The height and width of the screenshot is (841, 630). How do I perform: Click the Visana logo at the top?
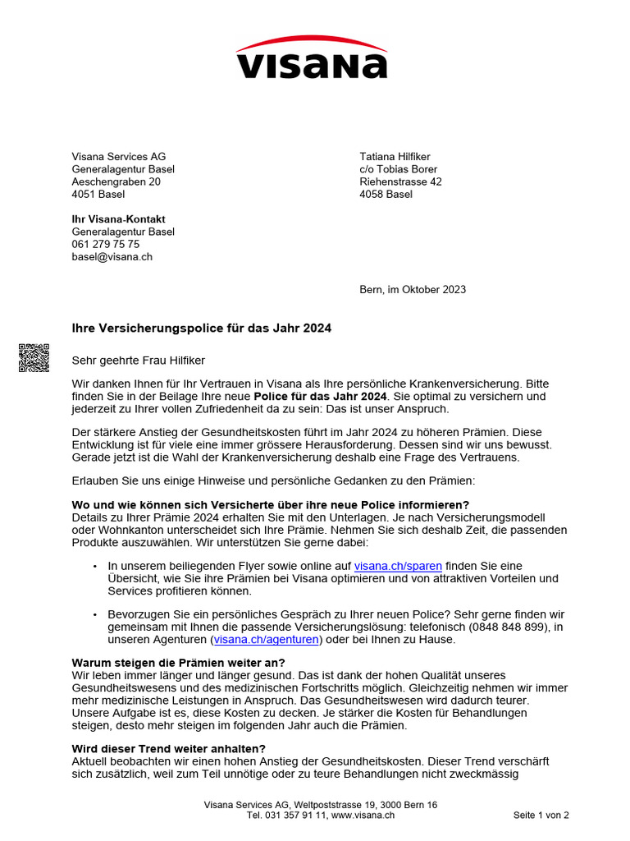click(312, 57)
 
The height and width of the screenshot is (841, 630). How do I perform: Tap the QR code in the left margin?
click(34, 357)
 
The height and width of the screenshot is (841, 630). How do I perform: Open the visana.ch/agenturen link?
click(266, 639)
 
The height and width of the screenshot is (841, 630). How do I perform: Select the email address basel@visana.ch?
click(112, 256)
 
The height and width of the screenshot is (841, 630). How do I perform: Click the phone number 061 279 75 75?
click(105, 244)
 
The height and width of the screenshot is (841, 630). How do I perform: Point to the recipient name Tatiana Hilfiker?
click(395, 157)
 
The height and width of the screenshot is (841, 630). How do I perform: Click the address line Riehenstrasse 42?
click(400, 182)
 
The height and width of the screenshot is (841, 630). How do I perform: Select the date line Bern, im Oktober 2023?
click(413, 289)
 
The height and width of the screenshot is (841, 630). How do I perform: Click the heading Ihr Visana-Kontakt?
click(118, 219)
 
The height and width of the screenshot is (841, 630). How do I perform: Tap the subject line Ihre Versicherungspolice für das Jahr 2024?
click(202, 328)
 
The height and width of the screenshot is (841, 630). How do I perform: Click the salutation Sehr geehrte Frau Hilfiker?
click(139, 360)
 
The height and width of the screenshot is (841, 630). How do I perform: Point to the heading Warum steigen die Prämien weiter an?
click(178, 662)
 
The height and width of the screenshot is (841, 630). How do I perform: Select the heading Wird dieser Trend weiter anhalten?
click(169, 748)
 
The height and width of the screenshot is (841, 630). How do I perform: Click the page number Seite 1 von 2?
click(541, 816)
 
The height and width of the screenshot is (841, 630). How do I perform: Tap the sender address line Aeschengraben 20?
click(116, 182)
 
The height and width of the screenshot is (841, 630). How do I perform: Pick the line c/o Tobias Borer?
click(398, 169)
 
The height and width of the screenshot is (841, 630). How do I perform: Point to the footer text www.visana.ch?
click(363, 816)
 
